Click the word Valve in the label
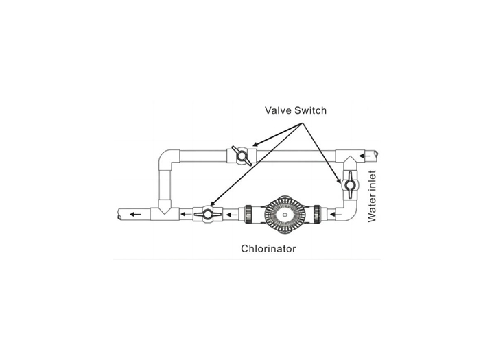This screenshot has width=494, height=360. (x=278, y=110)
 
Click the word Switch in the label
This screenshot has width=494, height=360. (x=311, y=110)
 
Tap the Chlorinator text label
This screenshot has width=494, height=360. (x=268, y=248)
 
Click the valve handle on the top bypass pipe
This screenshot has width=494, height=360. (x=242, y=156)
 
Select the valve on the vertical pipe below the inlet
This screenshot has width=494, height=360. (x=349, y=185)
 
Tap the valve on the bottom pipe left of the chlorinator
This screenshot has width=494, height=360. (x=208, y=215)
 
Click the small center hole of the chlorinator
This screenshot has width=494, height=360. (x=285, y=215)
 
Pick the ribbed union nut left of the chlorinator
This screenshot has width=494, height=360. (x=248, y=215)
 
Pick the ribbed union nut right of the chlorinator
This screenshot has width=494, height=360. (x=317, y=215)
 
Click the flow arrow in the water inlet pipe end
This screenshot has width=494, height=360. (x=365, y=156)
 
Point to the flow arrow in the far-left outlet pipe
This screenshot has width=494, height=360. (x=135, y=215)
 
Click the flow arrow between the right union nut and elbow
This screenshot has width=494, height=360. (x=336, y=215)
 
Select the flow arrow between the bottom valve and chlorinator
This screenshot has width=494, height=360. (x=232, y=215)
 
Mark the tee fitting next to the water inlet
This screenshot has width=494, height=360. (x=350, y=158)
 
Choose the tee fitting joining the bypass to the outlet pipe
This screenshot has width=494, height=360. (x=165, y=211)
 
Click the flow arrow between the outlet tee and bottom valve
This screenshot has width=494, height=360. (x=186, y=215)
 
